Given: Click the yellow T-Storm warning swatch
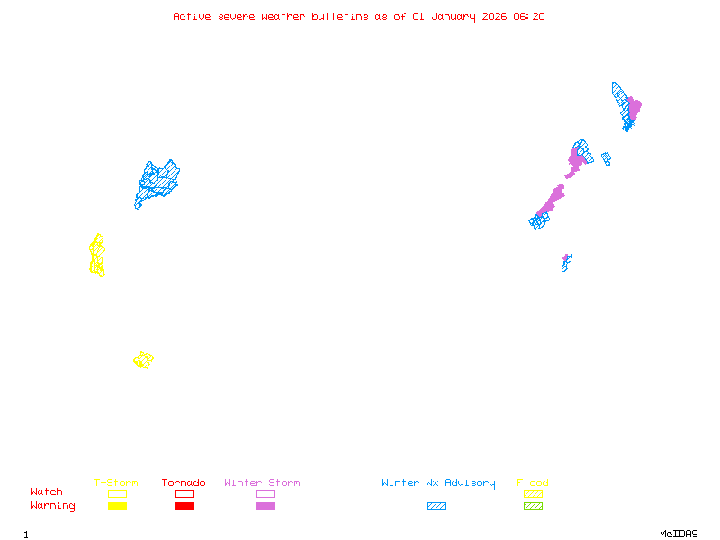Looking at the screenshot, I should tap(117, 506).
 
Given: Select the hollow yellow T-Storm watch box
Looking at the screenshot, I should tap(117, 493).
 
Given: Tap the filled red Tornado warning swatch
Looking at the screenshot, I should tap(184, 506).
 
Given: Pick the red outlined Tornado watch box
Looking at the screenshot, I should tap(184, 493).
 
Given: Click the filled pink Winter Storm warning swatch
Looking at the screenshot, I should tap(265, 506).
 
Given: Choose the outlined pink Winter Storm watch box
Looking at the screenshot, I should tap(265, 493).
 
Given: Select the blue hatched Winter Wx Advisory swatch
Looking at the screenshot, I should tap(436, 506).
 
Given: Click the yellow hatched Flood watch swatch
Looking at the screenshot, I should tap(533, 493).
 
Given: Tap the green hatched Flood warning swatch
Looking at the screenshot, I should tap(533, 506).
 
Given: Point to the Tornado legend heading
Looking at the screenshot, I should tap(184, 483).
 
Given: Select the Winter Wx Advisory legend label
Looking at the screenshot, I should tap(438, 483).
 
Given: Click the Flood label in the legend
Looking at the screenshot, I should tap(533, 483).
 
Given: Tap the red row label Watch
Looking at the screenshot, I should tap(47, 492).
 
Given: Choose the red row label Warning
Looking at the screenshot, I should tap(52, 506).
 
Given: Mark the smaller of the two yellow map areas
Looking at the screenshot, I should tap(143, 360).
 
